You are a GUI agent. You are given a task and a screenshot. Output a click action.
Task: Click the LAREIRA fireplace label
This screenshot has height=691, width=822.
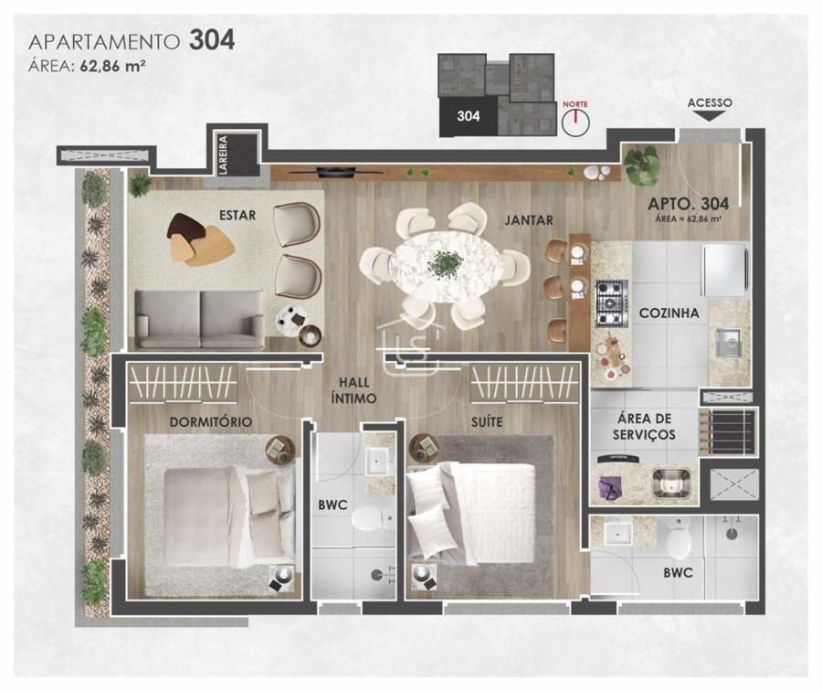[224, 155]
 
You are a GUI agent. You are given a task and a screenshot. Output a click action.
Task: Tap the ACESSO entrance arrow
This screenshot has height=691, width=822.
[709, 116]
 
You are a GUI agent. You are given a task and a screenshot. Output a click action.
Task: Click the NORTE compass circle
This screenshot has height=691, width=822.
[575, 122]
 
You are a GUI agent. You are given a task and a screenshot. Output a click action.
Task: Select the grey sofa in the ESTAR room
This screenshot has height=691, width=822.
[200, 320]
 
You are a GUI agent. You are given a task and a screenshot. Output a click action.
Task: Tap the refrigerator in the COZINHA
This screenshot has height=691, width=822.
[725, 270]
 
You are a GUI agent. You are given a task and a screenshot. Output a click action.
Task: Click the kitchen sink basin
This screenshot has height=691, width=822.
[728, 343]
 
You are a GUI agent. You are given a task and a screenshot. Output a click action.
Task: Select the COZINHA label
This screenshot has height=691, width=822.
[669, 314]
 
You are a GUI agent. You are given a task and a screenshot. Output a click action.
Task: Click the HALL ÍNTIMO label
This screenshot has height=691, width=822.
[353, 390]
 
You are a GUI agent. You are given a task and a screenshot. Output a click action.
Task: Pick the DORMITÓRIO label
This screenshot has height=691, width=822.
[211, 422]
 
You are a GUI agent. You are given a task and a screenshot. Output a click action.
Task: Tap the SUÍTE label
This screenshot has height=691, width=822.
[487, 422]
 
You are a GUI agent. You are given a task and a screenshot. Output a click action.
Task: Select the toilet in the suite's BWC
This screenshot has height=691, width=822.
[679, 539]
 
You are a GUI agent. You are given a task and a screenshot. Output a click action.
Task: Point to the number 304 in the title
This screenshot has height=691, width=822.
[212, 40]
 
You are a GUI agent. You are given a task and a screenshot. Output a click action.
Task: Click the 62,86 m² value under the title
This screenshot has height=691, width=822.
[112, 66]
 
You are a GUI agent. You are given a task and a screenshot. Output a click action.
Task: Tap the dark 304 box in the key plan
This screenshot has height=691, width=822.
[469, 116]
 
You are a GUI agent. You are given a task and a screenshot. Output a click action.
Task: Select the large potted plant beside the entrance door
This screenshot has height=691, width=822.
[642, 165]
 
